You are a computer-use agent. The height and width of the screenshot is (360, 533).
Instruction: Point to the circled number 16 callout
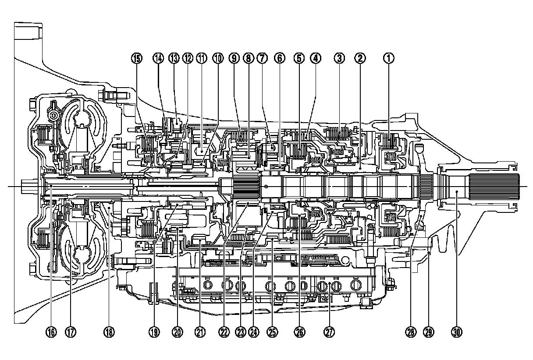click(51, 332)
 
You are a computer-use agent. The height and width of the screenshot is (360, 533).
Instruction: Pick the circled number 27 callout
click(329, 332)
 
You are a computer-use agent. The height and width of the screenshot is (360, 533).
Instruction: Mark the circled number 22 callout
click(224, 332)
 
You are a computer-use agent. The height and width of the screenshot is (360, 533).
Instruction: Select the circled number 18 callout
click(109, 332)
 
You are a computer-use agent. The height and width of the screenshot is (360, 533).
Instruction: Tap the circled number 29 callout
click(429, 332)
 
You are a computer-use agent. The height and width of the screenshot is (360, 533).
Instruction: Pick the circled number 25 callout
click(273, 332)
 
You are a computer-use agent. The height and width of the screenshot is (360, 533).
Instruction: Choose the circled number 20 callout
click(177, 332)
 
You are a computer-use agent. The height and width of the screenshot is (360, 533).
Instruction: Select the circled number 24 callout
click(252, 332)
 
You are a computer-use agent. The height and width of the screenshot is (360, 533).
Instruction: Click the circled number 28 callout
click(410, 332)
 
